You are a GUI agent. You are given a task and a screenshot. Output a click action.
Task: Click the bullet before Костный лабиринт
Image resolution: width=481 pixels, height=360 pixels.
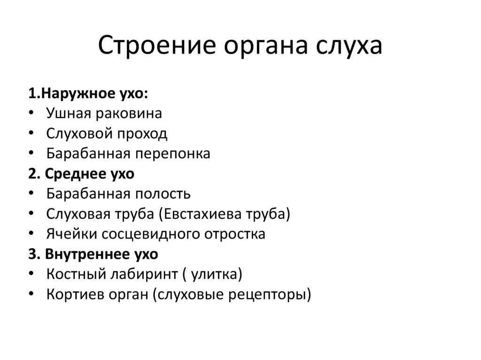pyautogui.click(x=31, y=274)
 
